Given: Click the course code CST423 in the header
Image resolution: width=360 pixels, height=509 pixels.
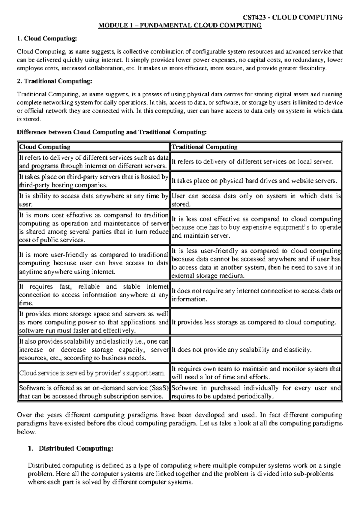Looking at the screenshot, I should [x=256, y=17].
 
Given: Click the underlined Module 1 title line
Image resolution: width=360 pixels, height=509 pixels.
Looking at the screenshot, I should [x=180, y=26].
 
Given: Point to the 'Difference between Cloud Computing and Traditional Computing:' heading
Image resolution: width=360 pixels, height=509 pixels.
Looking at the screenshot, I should [x=112, y=132].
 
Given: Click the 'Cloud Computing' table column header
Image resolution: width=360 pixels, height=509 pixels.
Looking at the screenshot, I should [x=45, y=147].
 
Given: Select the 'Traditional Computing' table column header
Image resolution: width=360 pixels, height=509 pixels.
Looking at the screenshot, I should [x=204, y=147].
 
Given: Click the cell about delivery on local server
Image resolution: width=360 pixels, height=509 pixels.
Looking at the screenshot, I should [x=252, y=161].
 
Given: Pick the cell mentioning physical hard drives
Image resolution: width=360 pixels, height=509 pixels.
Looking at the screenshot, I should [x=254, y=181].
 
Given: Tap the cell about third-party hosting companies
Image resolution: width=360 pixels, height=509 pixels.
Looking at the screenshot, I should [x=93, y=181].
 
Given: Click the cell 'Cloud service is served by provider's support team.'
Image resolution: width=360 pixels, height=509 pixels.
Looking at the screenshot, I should [x=92, y=373].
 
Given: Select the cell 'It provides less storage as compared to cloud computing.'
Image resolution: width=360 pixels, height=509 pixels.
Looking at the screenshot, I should [x=253, y=322].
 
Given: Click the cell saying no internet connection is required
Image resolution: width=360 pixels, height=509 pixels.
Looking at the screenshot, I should [x=256, y=295].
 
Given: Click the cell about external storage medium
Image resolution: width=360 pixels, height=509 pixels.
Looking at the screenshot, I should [x=256, y=263].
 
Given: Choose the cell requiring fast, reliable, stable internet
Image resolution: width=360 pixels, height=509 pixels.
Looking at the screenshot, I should [x=93, y=295].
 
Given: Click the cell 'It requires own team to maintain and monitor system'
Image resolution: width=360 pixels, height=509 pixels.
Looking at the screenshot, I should [x=256, y=373].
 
